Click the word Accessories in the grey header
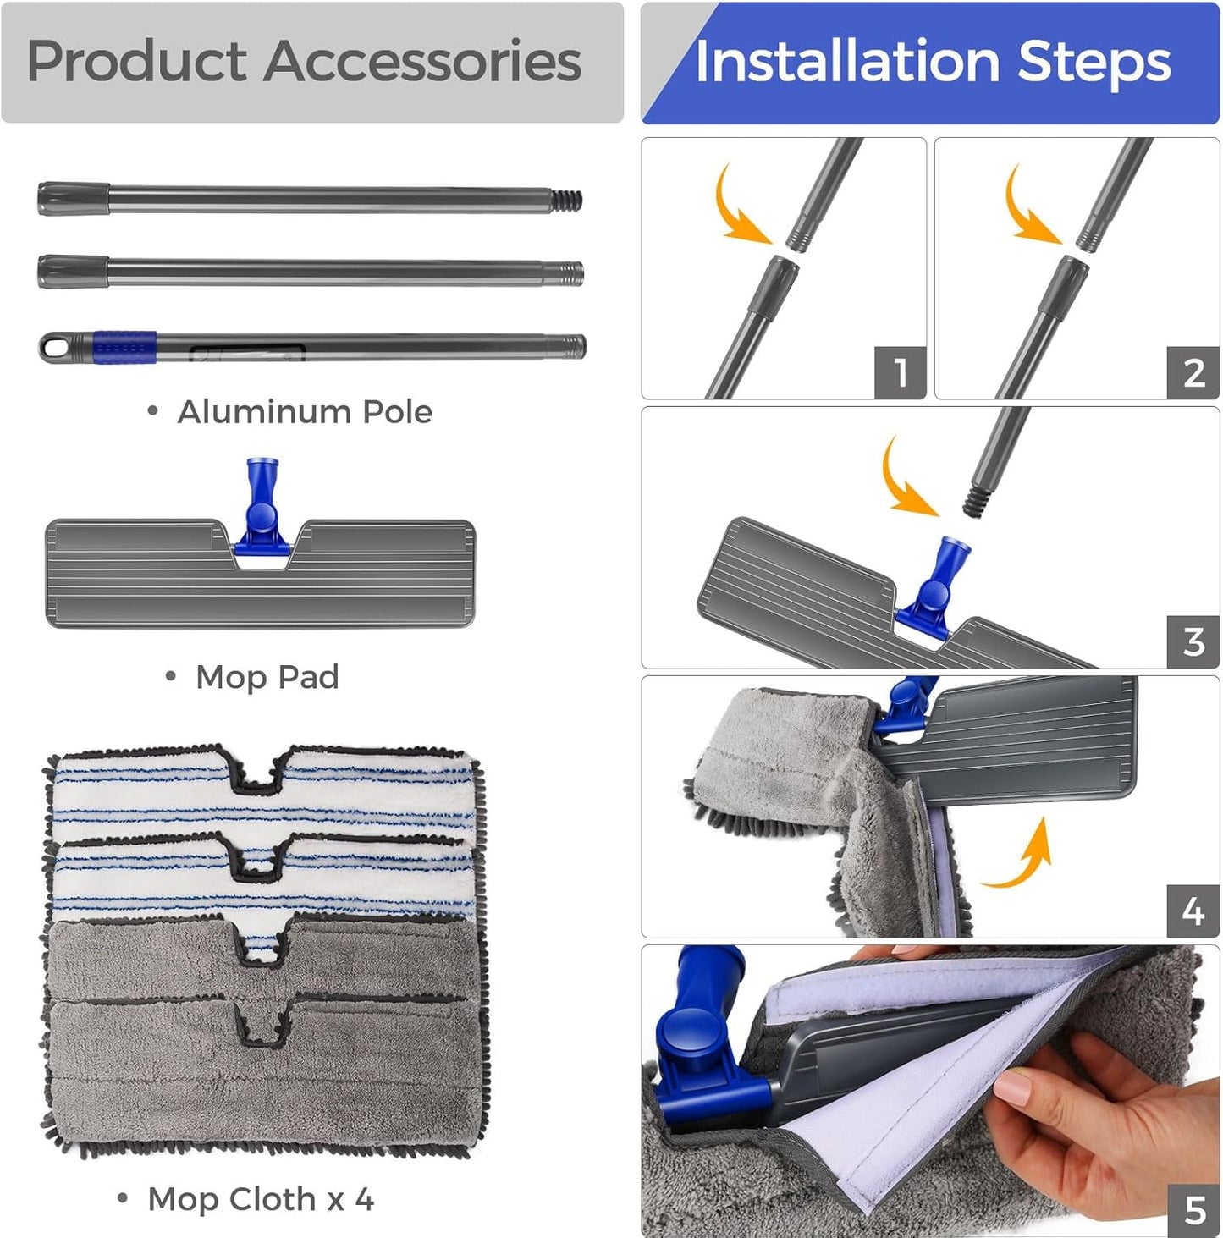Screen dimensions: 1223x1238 click(x=423, y=61)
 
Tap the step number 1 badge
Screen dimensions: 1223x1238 click(x=900, y=372)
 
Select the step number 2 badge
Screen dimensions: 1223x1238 click(x=1193, y=372)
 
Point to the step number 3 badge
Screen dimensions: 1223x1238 click(x=1193, y=641)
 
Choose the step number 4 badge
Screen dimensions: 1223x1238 click(x=1193, y=911)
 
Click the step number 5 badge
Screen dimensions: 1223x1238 click(x=1193, y=1210)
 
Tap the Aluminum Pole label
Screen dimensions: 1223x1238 click(x=305, y=412)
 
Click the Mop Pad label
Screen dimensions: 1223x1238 click(x=267, y=677)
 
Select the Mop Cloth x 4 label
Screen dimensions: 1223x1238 click(x=261, y=1199)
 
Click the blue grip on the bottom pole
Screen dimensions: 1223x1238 click(x=124, y=348)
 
